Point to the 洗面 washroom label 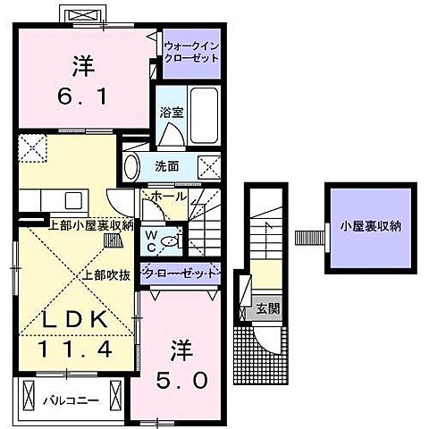coord(166,166)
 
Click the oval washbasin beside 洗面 coord(131,165)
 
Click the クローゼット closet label coord(179,273)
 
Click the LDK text coord(74,319)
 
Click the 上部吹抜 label coord(105,274)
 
